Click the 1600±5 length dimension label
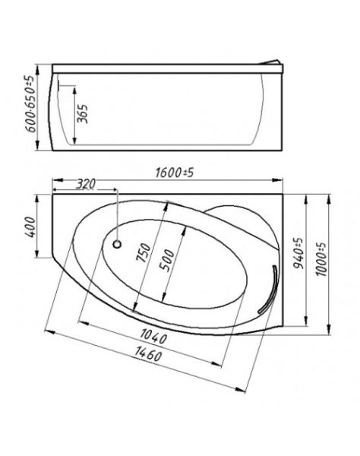pos(175,173)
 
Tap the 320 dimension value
pos(86,184)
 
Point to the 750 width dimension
pos(144,253)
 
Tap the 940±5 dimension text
pos(298,253)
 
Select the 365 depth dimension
pos(83,114)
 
